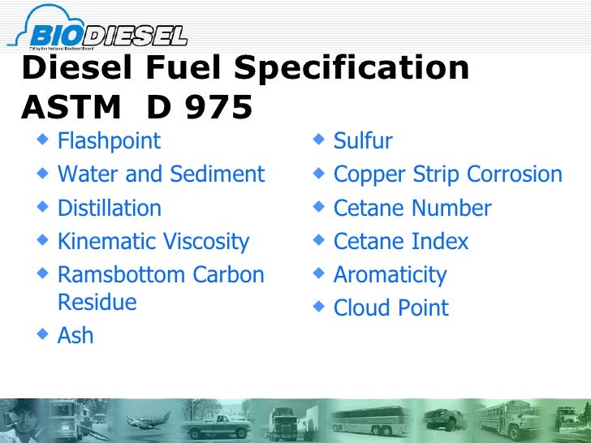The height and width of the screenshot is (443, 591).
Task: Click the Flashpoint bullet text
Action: [x=109, y=141]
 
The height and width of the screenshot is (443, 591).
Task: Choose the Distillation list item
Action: [x=109, y=209]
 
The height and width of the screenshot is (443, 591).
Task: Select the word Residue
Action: [x=97, y=303]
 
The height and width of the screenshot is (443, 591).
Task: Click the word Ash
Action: [x=75, y=336]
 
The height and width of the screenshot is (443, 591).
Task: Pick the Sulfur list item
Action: [x=363, y=141]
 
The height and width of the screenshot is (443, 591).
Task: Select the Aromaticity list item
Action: [x=390, y=275]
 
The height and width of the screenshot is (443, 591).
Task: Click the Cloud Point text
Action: [x=390, y=308]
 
